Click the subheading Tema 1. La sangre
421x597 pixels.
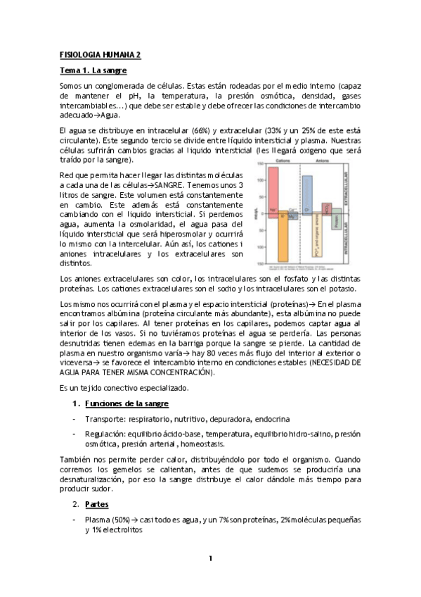93,70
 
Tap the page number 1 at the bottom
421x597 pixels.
210,558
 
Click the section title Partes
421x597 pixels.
96,504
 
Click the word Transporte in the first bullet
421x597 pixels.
105,418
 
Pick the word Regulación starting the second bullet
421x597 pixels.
105,434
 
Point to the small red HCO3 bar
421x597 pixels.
327,209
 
